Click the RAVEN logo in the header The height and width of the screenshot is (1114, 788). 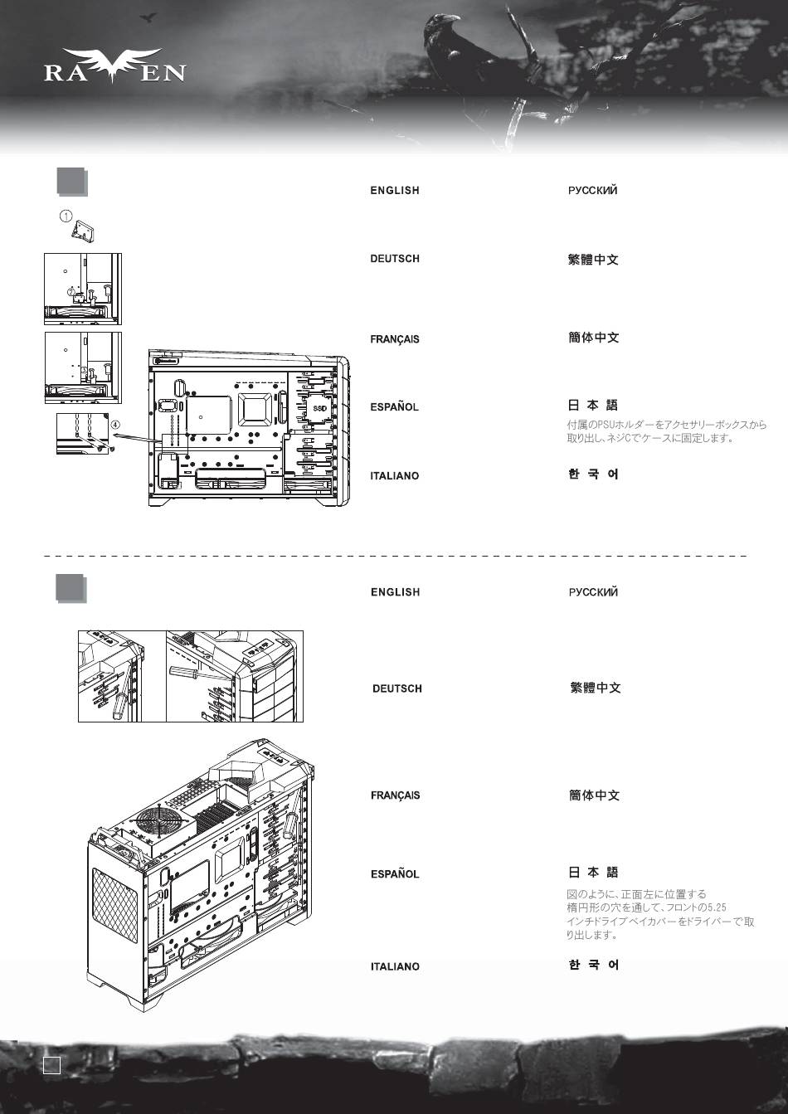[114, 66]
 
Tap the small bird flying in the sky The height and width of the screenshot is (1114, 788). [148, 18]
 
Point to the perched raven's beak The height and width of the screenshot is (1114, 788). [451, 18]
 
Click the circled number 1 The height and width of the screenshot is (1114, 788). [66, 216]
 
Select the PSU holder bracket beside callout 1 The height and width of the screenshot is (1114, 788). [83, 231]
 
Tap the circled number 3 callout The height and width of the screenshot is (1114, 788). [85, 370]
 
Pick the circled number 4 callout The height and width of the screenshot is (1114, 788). [115, 425]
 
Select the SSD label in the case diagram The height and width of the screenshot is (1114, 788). [319, 408]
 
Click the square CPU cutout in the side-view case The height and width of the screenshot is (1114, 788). [255, 409]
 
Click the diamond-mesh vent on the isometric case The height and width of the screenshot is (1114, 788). [114, 906]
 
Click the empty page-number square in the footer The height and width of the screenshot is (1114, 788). [51, 1065]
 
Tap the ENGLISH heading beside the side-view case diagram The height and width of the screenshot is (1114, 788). [395, 191]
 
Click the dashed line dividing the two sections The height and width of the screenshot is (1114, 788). [395, 556]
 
